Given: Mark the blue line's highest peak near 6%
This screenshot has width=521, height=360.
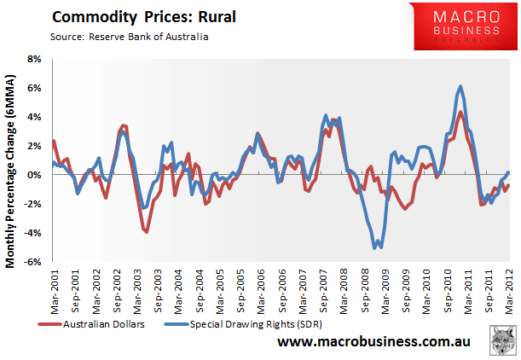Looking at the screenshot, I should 460,86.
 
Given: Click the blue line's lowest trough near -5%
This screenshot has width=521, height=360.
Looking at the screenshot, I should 375,247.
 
